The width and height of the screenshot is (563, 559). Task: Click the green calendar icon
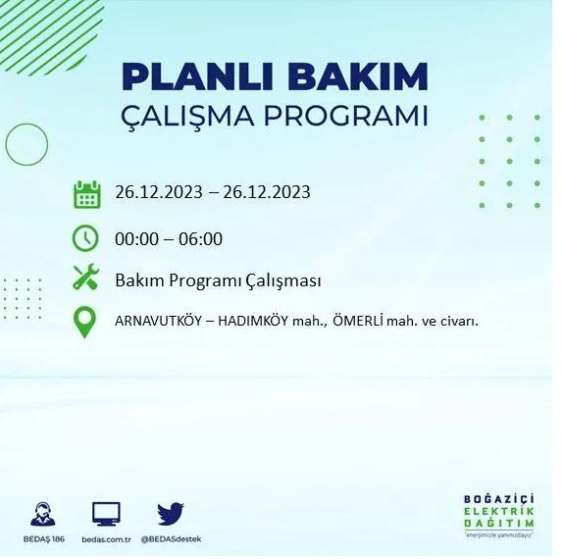pyautogui.click(x=87, y=194)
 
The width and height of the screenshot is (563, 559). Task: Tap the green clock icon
pyautogui.click(x=86, y=238)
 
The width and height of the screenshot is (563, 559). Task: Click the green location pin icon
pyautogui.click(x=86, y=323)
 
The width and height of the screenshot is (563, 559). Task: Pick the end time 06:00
pyautogui.click(x=200, y=238)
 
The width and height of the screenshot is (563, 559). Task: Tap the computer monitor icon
pyautogui.click(x=105, y=513)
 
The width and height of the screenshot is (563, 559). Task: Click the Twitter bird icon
pyautogui.click(x=171, y=513)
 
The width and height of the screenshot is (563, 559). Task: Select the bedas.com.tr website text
pyautogui.click(x=105, y=539)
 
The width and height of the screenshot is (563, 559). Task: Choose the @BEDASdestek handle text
pyautogui.click(x=172, y=539)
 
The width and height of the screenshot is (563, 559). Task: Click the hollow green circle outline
pyautogui.click(x=26, y=145)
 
